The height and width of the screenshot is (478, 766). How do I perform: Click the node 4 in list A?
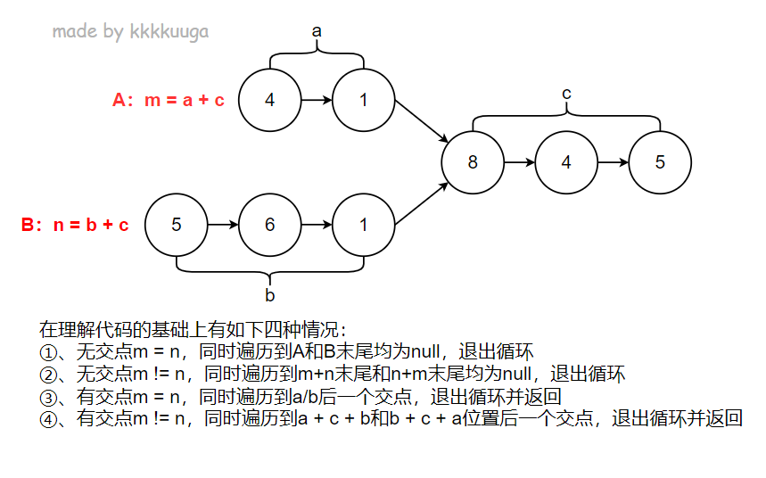pos(270,100)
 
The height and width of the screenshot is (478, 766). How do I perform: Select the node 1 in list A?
pos(363,100)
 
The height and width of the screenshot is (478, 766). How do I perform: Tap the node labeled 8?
pos(473,162)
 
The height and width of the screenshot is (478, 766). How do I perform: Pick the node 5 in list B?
pos(177,225)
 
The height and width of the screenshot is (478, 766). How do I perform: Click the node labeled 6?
pos(270,225)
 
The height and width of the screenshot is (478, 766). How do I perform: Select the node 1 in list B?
pos(363,225)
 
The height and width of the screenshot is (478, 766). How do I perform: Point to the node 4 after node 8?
pos(566,162)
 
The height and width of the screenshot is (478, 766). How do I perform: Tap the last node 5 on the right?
pos(660,162)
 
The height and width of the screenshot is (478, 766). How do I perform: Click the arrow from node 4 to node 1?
pos(317,100)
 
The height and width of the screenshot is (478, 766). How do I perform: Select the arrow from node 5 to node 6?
pos(223,225)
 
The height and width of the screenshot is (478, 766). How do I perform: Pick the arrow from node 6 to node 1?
pos(317,225)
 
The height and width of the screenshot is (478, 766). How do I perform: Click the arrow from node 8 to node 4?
pos(519,162)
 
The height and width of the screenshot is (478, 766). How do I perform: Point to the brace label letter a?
pos(317,31)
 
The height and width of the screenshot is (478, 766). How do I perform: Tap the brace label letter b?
pos(270,293)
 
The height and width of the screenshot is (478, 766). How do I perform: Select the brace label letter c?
pos(566,93)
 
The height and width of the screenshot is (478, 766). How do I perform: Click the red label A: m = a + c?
pos(169,100)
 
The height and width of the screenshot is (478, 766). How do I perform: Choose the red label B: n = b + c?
pos(75,225)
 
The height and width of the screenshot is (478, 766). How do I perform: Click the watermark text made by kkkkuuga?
pos(130,32)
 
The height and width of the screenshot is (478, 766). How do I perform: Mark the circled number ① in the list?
pos(48,350)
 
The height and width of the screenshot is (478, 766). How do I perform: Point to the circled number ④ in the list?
pos(48,418)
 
